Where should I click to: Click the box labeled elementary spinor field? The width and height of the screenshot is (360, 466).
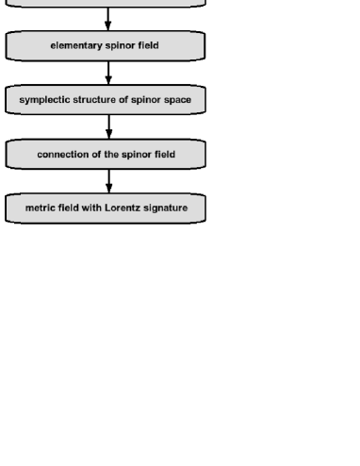(x=106, y=44)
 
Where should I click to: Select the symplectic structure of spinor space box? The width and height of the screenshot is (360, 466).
(x=106, y=99)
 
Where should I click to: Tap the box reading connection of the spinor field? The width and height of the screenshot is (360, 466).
(x=106, y=154)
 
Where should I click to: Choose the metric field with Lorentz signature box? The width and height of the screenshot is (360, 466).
(x=106, y=208)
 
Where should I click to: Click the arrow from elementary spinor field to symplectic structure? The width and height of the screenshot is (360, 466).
(x=107, y=72)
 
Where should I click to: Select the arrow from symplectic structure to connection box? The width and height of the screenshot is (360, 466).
(x=107, y=126)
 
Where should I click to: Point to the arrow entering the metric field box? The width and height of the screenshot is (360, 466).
(x=107, y=181)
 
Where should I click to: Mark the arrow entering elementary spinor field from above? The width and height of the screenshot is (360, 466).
(x=107, y=19)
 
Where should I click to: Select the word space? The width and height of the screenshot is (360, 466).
(x=178, y=99)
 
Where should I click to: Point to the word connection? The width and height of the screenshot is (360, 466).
(x=63, y=154)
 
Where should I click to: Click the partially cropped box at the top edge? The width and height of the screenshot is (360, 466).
(x=106, y=4)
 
